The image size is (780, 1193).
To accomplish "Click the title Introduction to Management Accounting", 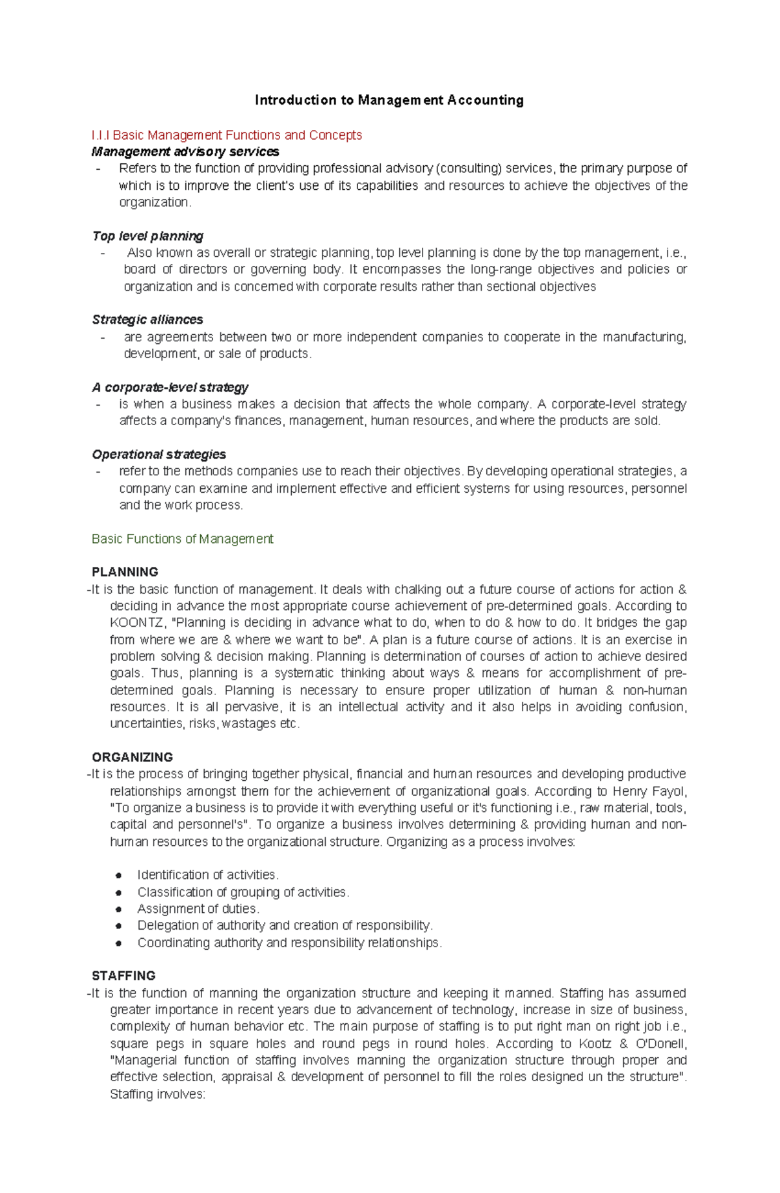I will pyautogui.click(x=389, y=100).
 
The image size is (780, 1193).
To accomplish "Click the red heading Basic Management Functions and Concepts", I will pyautogui.click(x=227, y=135).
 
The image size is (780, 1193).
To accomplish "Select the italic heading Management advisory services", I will pyautogui.click(x=185, y=151).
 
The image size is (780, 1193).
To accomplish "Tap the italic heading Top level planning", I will pyautogui.click(x=148, y=236).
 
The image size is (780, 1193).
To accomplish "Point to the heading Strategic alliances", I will pyautogui.click(x=148, y=320).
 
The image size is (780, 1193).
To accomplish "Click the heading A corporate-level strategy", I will pyautogui.click(x=170, y=387).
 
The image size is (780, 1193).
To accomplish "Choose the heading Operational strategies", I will pyautogui.click(x=159, y=454).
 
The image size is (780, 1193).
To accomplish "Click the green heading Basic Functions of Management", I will pyautogui.click(x=183, y=539).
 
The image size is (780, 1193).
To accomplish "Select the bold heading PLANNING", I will pyautogui.click(x=125, y=572).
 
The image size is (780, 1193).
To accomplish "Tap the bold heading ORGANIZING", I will pyautogui.click(x=132, y=757).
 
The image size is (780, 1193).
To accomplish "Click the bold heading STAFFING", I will pyautogui.click(x=123, y=976).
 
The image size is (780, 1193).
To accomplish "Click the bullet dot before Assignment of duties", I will pyautogui.click(x=119, y=910).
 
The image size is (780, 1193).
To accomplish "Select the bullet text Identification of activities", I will pyautogui.click(x=207, y=875).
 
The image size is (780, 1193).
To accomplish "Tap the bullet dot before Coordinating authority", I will pyautogui.click(x=119, y=943).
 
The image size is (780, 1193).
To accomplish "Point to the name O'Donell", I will pyautogui.click(x=660, y=1043).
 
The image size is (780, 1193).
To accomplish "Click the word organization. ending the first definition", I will pyautogui.click(x=155, y=202).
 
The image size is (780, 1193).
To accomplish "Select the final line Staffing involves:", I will pyautogui.click(x=157, y=1094).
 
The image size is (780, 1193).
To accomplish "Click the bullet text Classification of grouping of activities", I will pyautogui.click(x=243, y=892).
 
